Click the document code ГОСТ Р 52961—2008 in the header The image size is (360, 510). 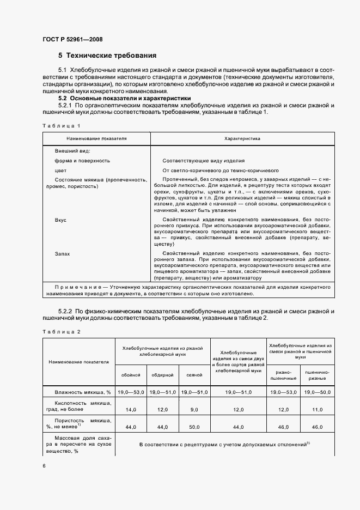pyautogui.click(x=72, y=39)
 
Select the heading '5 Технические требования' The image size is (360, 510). pyautogui.click(x=107, y=56)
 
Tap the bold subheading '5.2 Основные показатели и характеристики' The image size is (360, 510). pyautogui.click(x=121, y=98)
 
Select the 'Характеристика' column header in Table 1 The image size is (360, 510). pyautogui.click(x=242, y=139)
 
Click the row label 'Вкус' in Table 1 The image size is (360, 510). pyautogui.click(x=60, y=220)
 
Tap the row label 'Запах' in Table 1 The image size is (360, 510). pyautogui.click(x=62, y=254)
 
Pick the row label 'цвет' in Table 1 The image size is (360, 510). pyautogui.click(x=60, y=170)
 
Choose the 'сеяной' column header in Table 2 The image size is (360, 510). pyautogui.click(x=194, y=375)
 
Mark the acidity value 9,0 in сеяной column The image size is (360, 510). pyautogui.click(x=194, y=409)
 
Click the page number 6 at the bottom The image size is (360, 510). pyautogui.click(x=44, y=466)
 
